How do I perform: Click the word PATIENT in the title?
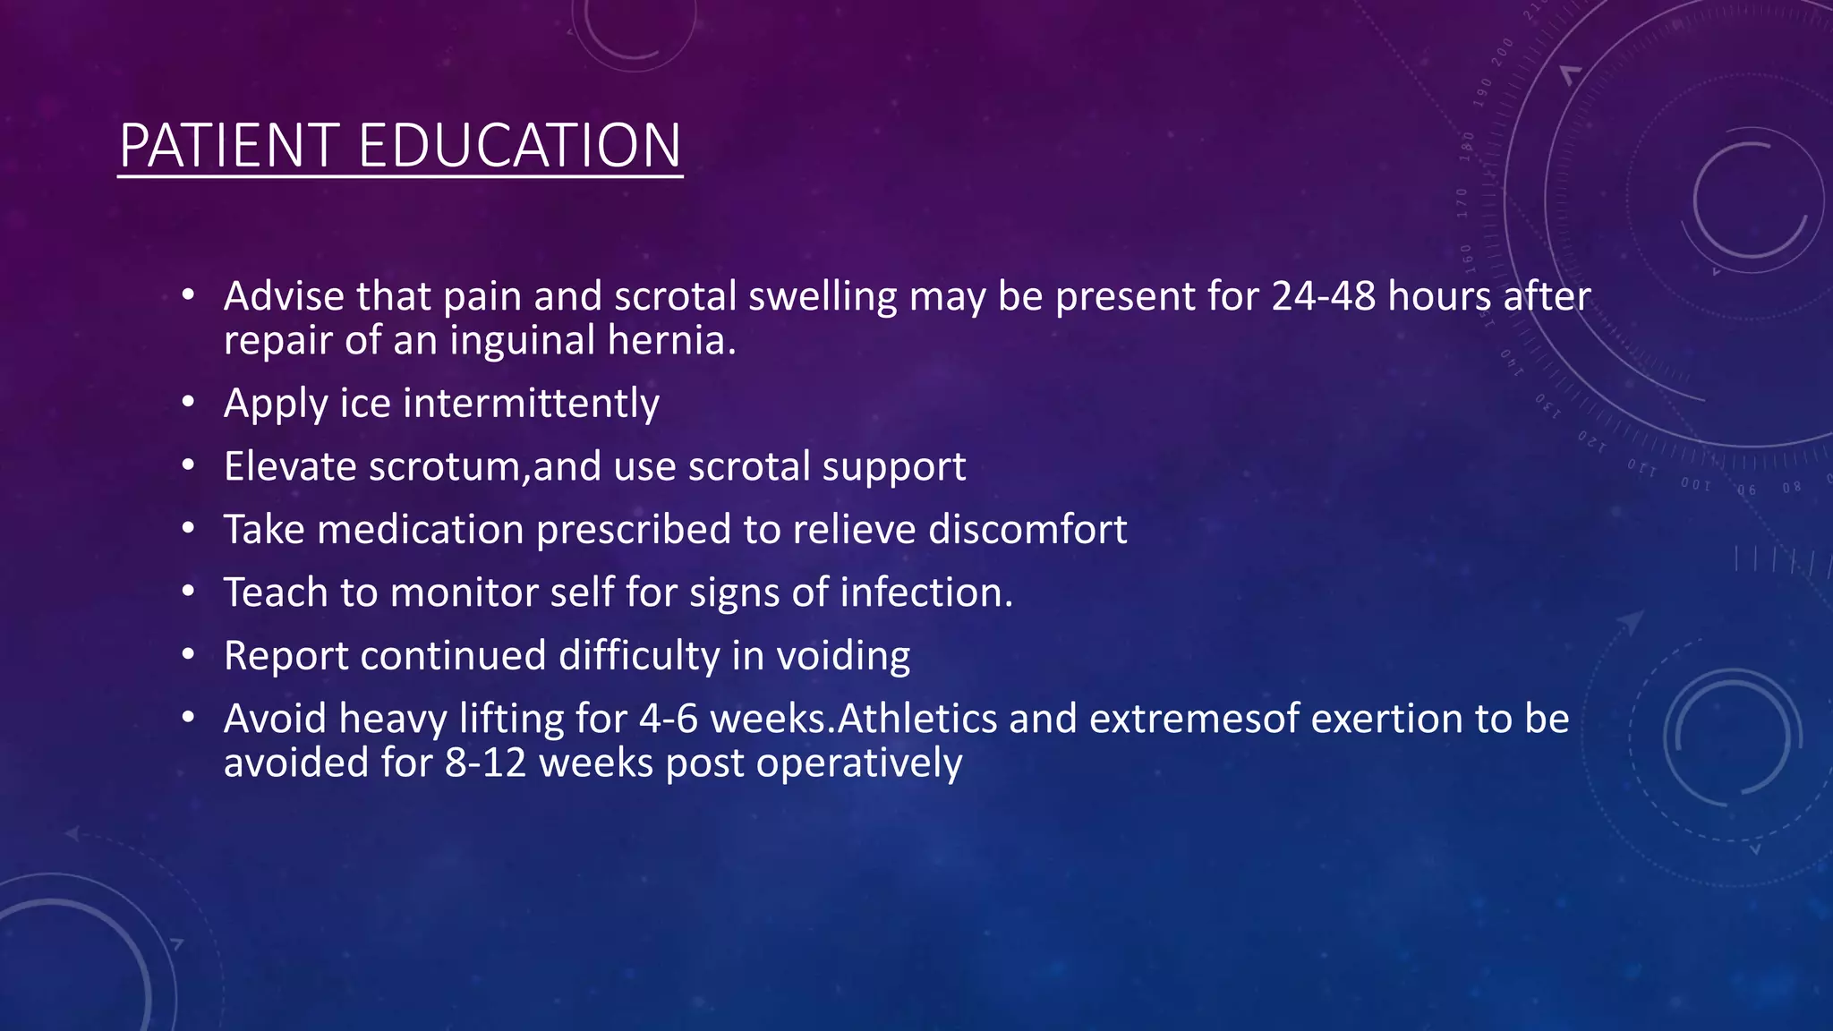[x=229, y=145]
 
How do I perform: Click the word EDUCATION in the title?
[x=520, y=145]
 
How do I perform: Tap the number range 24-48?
[x=1323, y=296]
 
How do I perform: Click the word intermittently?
[x=531, y=403]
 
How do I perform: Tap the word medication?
[x=420, y=529]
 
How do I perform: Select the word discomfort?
[x=1027, y=529]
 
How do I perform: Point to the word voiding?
[x=842, y=656]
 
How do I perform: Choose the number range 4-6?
[x=669, y=719]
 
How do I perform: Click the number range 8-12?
[x=485, y=763]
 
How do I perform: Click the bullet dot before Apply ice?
[x=187, y=404]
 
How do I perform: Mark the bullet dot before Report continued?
[x=187, y=656]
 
